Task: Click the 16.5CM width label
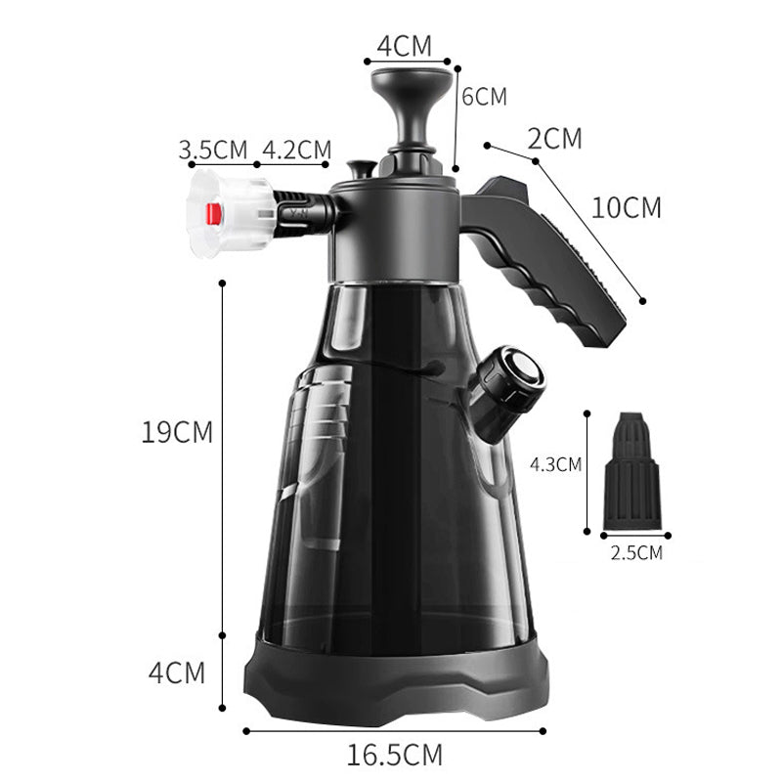click(x=394, y=755)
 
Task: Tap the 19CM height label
click(x=177, y=432)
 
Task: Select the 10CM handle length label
click(x=626, y=207)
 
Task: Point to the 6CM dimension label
click(x=484, y=97)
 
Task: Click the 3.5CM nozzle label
click(x=213, y=150)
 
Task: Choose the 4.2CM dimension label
click(x=297, y=150)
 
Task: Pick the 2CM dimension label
click(x=554, y=139)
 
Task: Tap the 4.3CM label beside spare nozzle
click(x=555, y=465)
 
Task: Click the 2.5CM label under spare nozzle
click(x=637, y=553)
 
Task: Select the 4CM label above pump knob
click(x=404, y=46)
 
